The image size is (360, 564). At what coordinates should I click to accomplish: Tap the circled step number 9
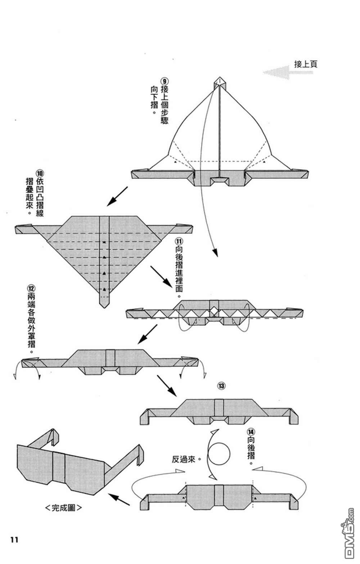pyautogui.click(x=164, y=81)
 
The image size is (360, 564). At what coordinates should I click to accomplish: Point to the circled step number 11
pyautogui.click(x=179, y=240)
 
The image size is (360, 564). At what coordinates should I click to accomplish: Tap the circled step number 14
pyautogui.click(x=251, y=431)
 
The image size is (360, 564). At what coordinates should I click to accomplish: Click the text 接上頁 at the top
pyautogui.click(x=306, y=64)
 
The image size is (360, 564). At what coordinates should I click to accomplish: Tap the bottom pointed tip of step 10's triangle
pyautogui.click(x=104, y=306)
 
